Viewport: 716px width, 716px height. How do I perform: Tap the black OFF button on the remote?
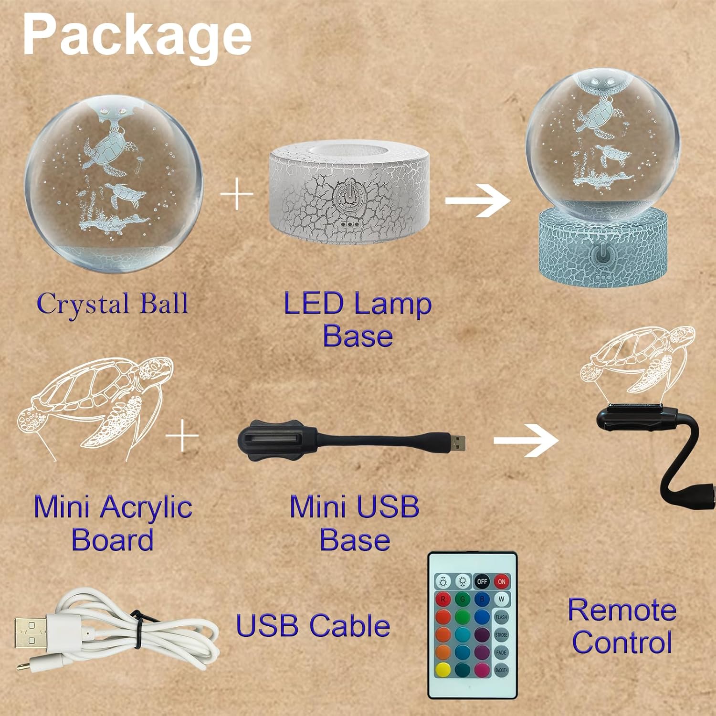(482, 581)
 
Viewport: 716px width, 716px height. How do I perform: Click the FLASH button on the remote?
(501, 617)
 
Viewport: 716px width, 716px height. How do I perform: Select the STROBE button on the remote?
(501, 634)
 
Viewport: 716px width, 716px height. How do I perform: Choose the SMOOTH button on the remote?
(501, 670)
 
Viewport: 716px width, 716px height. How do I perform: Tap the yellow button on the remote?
(443, 670)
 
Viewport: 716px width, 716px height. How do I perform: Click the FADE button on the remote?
(501, 652)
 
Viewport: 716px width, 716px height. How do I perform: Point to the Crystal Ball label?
(113, 304)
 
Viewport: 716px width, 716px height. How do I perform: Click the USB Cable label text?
(313, 626)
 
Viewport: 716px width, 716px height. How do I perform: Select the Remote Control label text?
(622, 626)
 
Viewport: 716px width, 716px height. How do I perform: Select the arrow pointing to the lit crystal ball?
(478, 200)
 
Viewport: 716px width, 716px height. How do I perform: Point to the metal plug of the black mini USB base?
(458, 442)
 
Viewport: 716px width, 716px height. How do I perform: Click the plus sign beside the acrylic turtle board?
(182, 436)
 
